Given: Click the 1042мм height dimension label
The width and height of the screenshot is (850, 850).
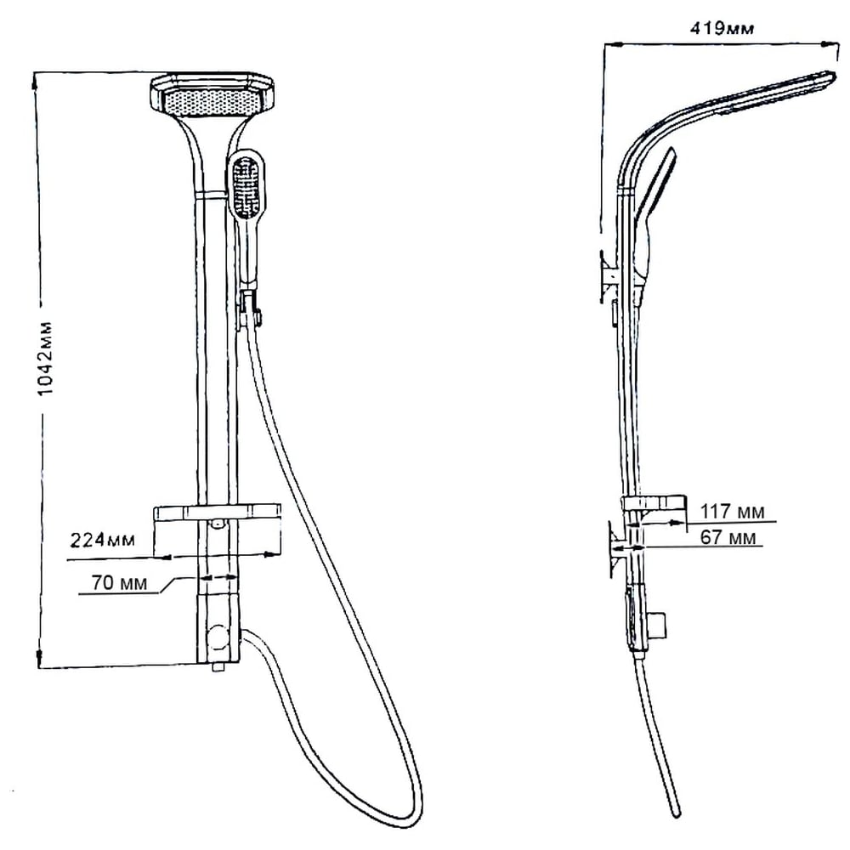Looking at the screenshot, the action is tap(47, 359).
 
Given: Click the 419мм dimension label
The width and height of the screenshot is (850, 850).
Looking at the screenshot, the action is tap(722, 28).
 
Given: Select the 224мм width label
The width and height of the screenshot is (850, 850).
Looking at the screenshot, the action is tap(103, 540).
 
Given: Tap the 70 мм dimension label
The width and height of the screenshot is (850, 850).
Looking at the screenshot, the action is tap(119, 583).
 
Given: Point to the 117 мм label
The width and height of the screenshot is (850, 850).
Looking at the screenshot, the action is tap(733, 511).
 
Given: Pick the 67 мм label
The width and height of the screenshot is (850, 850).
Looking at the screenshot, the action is tap(728, 537).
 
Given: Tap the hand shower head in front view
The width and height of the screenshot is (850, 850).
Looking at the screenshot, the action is tap(247, 184).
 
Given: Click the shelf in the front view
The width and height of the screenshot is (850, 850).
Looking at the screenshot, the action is tap(218, 513).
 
